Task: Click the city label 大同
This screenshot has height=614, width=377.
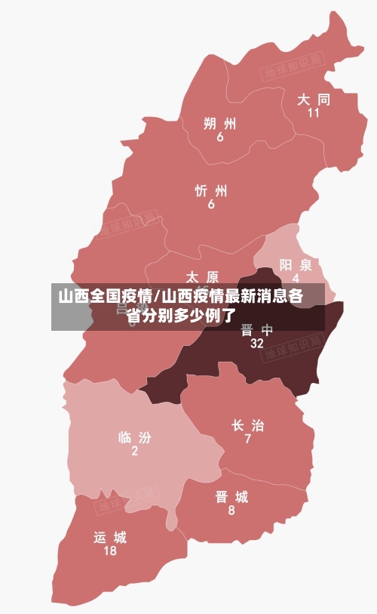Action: click(314, 99)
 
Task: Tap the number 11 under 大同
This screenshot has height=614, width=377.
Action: click(314, 113)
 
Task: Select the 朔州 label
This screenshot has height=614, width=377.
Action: click(220, 123)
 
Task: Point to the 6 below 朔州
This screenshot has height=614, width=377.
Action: click(220, 137)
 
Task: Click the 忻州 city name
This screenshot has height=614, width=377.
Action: click(211, 190)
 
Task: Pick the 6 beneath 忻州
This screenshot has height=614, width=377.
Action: click(211, 205)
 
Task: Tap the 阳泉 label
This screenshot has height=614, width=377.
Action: click(296, 264)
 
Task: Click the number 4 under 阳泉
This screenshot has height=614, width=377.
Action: click(296, 278)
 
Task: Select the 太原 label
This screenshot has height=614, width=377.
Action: click(202, 277)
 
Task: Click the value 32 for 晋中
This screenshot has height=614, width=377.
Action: click(257, 344)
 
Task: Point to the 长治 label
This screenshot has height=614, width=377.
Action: click(247, 425)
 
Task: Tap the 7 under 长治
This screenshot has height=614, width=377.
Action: click(247, 440)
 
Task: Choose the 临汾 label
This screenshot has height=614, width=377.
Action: click(135, 437)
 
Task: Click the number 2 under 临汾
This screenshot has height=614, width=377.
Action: click(135, 452)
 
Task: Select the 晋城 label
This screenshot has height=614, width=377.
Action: click(231, 497)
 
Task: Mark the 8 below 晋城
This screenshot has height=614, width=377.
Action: click(231, 511)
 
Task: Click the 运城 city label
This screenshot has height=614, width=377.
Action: click(110, 538)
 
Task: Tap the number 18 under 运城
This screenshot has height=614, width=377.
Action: click(110, 551)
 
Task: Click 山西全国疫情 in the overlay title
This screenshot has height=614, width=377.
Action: click(105, 296)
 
